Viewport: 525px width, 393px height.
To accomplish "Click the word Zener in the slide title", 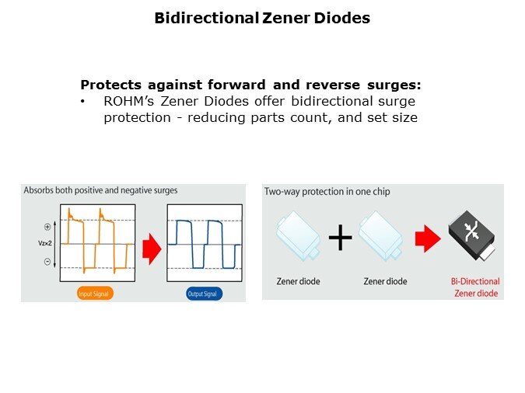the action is click(x=286, y=18).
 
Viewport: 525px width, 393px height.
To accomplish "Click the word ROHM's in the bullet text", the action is click(x=129, y=101).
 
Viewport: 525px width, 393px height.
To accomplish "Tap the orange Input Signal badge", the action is click(x=95, y=294).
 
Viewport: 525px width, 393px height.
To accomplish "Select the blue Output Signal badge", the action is click(x=204, y=294).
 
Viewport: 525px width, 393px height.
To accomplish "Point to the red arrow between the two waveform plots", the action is click(x=152, y=249).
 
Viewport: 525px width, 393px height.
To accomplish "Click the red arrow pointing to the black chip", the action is click(x=428, y=238).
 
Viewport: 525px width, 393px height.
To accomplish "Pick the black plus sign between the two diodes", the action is click(x=340, y=238).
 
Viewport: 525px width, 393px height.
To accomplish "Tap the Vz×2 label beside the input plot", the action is click(x=45, y=243).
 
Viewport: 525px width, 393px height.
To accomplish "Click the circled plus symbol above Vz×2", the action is click(x=47, y=227).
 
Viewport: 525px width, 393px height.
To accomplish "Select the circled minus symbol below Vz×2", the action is click(x=47, y=262).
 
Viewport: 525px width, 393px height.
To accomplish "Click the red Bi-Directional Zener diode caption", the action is click(x=475, y=287).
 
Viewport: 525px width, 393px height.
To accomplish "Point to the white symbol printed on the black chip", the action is click(x=472, y=231).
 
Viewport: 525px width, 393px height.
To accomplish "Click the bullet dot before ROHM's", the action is click(x=82, y=101).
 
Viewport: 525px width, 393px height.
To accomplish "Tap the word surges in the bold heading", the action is click(x=394, y=85).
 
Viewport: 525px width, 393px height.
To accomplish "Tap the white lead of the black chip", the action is click(x=488, y=253).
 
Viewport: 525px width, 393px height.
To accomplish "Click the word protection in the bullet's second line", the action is click(x=137, y=118).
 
